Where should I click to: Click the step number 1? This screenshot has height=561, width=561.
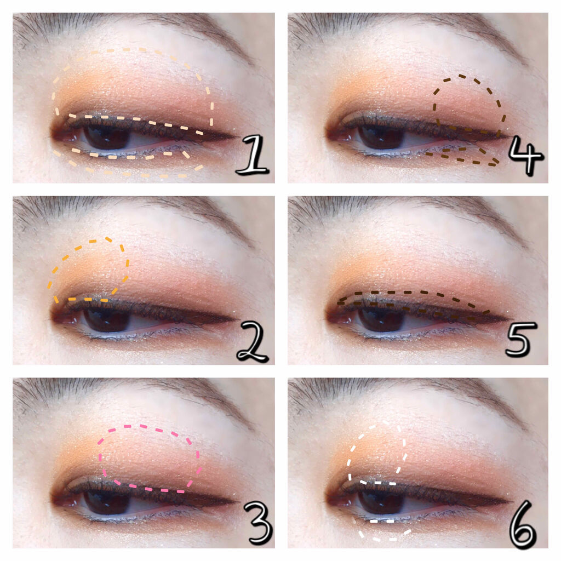tap(252, 155)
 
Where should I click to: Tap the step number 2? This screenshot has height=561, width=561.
tap(252, 341)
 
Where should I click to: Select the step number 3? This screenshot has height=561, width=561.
tap(257, 523)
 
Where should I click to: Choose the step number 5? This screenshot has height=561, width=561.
tap(521, 339)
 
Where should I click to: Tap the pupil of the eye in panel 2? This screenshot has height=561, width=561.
tap(107, 319)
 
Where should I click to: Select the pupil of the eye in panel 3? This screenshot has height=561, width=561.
tap(107, 502)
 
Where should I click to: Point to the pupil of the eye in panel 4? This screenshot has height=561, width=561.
tap(381, 137)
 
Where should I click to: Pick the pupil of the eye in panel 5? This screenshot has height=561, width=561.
tap(381, 319)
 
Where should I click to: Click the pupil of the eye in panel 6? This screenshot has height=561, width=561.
tap(381, 502)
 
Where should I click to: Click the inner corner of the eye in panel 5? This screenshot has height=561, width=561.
tap(329, 317)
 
